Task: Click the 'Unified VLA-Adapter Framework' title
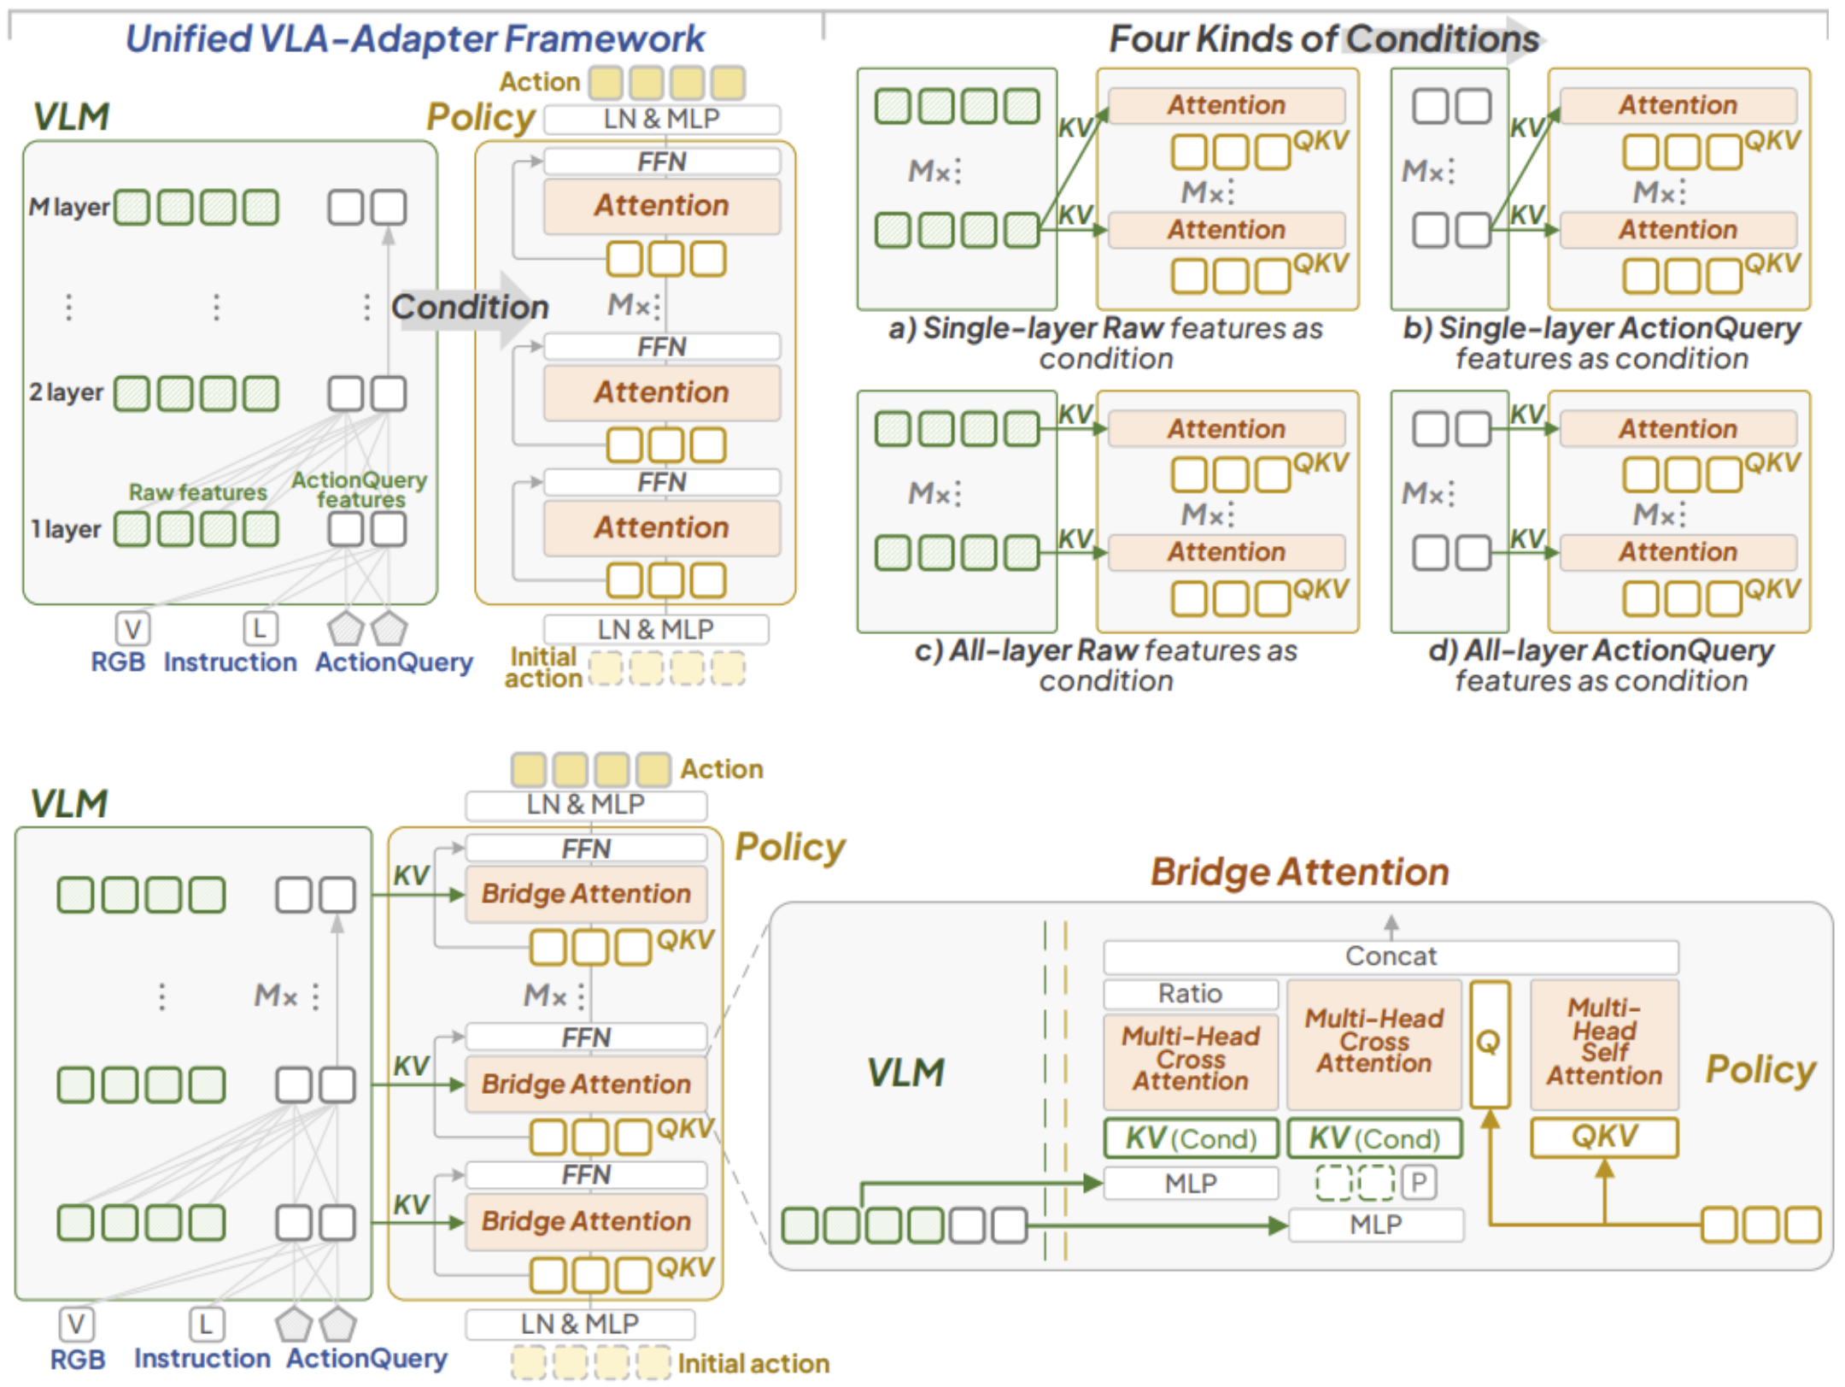tap(415, 38)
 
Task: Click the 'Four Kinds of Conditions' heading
tap(1323, 38)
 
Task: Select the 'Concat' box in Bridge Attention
tap(1390, 956)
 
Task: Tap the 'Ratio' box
tap(1190, 994)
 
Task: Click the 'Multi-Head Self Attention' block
tap(1603, 1042)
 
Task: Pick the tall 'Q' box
tap(1489, 1043)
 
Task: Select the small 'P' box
tap(1418, 1183)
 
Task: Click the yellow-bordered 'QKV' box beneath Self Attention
tap(1603, 1137)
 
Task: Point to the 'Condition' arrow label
tap(470, 307)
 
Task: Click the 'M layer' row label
tap(69, 207)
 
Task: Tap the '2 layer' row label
tap(66, 392)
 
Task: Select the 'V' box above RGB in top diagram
tap(132, 629)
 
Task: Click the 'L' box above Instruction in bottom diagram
tap(206, 1324)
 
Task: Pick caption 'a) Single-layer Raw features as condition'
tap(1105, 343)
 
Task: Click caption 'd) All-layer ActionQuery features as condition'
tap(1601, 665)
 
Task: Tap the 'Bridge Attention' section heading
tap(1298, 872)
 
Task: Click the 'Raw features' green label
tap(197, 492)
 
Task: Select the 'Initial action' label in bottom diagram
tap(753, 1363)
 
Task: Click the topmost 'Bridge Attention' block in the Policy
tap(586, 894)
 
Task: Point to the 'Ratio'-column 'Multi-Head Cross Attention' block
tap(1190, 1060)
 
